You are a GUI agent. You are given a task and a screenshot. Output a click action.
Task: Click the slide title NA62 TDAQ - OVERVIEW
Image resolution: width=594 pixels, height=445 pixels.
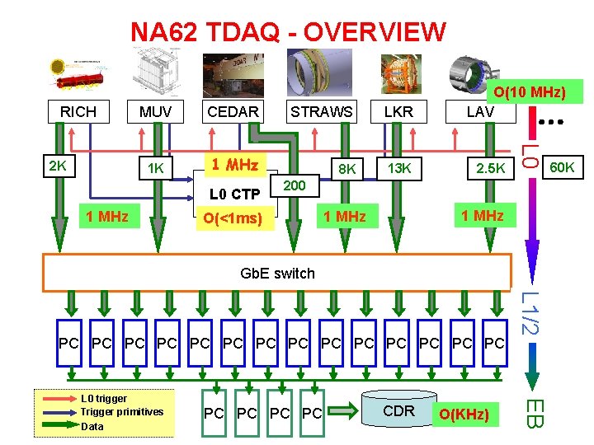tap(288, 32)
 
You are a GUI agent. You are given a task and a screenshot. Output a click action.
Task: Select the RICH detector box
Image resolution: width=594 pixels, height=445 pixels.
tap(78, 111)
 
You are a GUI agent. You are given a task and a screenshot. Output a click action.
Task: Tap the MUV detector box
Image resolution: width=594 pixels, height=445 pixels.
tap(155, 111)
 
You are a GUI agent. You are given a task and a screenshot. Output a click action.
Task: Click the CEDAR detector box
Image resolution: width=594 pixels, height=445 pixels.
tap(233, 111)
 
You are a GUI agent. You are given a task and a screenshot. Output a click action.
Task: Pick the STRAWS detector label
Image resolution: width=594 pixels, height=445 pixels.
tap(320, 111)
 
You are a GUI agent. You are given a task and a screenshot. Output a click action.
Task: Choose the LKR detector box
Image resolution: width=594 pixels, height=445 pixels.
tap(398, 111)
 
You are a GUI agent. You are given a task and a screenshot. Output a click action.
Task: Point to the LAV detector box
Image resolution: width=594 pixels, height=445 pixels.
tap(479, 111)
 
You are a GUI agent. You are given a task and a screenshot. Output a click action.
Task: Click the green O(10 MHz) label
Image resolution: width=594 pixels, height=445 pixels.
tap(530, 91)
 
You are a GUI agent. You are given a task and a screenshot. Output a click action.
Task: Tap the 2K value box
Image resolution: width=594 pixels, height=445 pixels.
tap(58, 166)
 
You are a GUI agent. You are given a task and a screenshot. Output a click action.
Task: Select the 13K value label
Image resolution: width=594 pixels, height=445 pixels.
tap(398, 169)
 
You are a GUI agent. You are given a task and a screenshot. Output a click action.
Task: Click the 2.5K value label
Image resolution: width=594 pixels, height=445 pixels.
tap(489, 169)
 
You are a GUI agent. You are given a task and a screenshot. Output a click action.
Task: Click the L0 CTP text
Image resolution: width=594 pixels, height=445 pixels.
tap(235, 194)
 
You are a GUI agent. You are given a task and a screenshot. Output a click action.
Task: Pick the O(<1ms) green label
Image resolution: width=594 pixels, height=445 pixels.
tap(233, 218)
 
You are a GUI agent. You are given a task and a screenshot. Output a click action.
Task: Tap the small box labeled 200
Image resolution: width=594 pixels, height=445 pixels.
tap(294, 186)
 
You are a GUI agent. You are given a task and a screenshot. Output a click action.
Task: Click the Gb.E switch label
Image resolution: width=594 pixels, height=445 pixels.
tap(277, 273)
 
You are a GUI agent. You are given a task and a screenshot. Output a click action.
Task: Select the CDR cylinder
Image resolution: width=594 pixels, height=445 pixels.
tap(399, 410)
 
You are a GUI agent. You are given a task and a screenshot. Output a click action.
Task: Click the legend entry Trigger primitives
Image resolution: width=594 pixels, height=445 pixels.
tap(122, 411)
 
